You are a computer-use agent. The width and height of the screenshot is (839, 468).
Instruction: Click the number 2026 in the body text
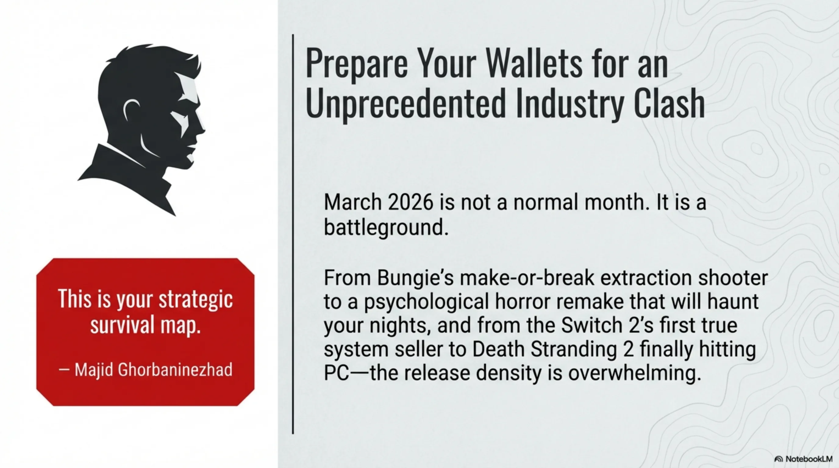[x=411, y=202]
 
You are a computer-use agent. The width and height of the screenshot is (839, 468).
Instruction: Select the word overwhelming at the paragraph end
[x=634, y=374]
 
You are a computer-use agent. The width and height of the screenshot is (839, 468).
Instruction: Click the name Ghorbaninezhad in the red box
[x=175, y=370]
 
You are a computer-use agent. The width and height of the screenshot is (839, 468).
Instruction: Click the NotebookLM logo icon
[x=778, y=459]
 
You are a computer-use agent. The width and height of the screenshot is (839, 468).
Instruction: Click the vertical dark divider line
[x=293, y=234]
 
